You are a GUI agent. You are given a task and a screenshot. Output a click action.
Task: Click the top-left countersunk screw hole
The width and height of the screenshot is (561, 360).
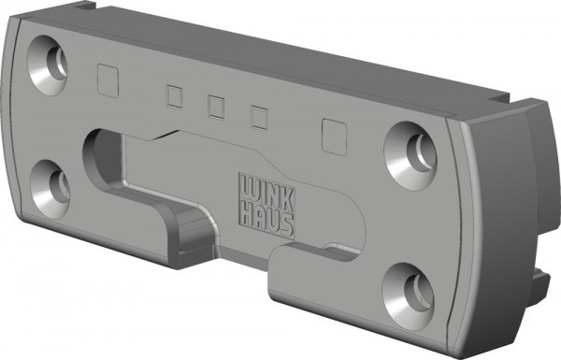pyautogui.click(x=48, y=65)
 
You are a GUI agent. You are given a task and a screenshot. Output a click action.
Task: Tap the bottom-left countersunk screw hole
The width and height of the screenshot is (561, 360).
pyautogui.click(x=50, y=189)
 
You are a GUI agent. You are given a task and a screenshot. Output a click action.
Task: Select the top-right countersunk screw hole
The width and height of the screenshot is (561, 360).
pyautogui.click(x=410, y=156)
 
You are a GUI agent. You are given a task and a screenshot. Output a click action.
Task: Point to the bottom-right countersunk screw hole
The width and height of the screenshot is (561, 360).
pyautogui.click(x=409, y=296)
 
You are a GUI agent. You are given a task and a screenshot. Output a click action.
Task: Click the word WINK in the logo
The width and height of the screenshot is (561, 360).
pyautogui.click(x=266, y=194)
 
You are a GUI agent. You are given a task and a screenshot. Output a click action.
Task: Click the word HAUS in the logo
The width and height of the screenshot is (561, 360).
pyautogui.click(x=266, y=221)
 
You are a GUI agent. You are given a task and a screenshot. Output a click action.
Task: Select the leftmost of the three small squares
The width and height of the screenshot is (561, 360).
pyautogui.click(x=174, y=96)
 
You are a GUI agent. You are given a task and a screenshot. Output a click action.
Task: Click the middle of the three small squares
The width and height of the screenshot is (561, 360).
pyautogui.click(x=216, y=107)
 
